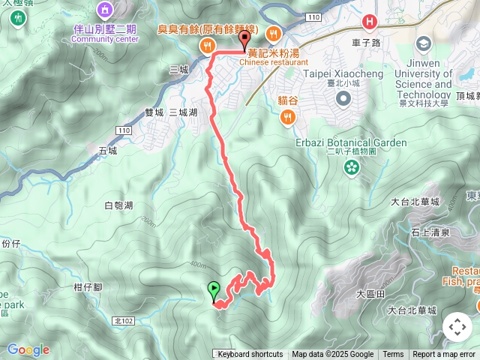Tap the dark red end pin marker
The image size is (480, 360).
pyautogui.click(x=244, y=40)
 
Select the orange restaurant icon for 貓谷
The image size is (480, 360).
pyautogui.click(x=288, y=116)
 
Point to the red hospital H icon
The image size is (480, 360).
pyautogui.click(x=369, y=22)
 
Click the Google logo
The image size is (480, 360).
pyautogui.click(x=28, y=349)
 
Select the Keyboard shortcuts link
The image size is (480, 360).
pyautogui.click(x=250, y=355)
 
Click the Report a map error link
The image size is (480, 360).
pyautogui.click(x=444, y=355)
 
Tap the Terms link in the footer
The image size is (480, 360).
pyautogui.click(x=393, y=355)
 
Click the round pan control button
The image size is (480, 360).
pyautogui.click(x=457, y=327)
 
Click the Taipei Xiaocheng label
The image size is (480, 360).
pyautogui.click(x=337, y=73)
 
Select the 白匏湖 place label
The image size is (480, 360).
pyautogui.click(x=118, y=205)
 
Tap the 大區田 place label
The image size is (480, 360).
pyautogui.click(x=370, y=294)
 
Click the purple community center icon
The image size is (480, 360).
pyautogui.click(x=103, y=10)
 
